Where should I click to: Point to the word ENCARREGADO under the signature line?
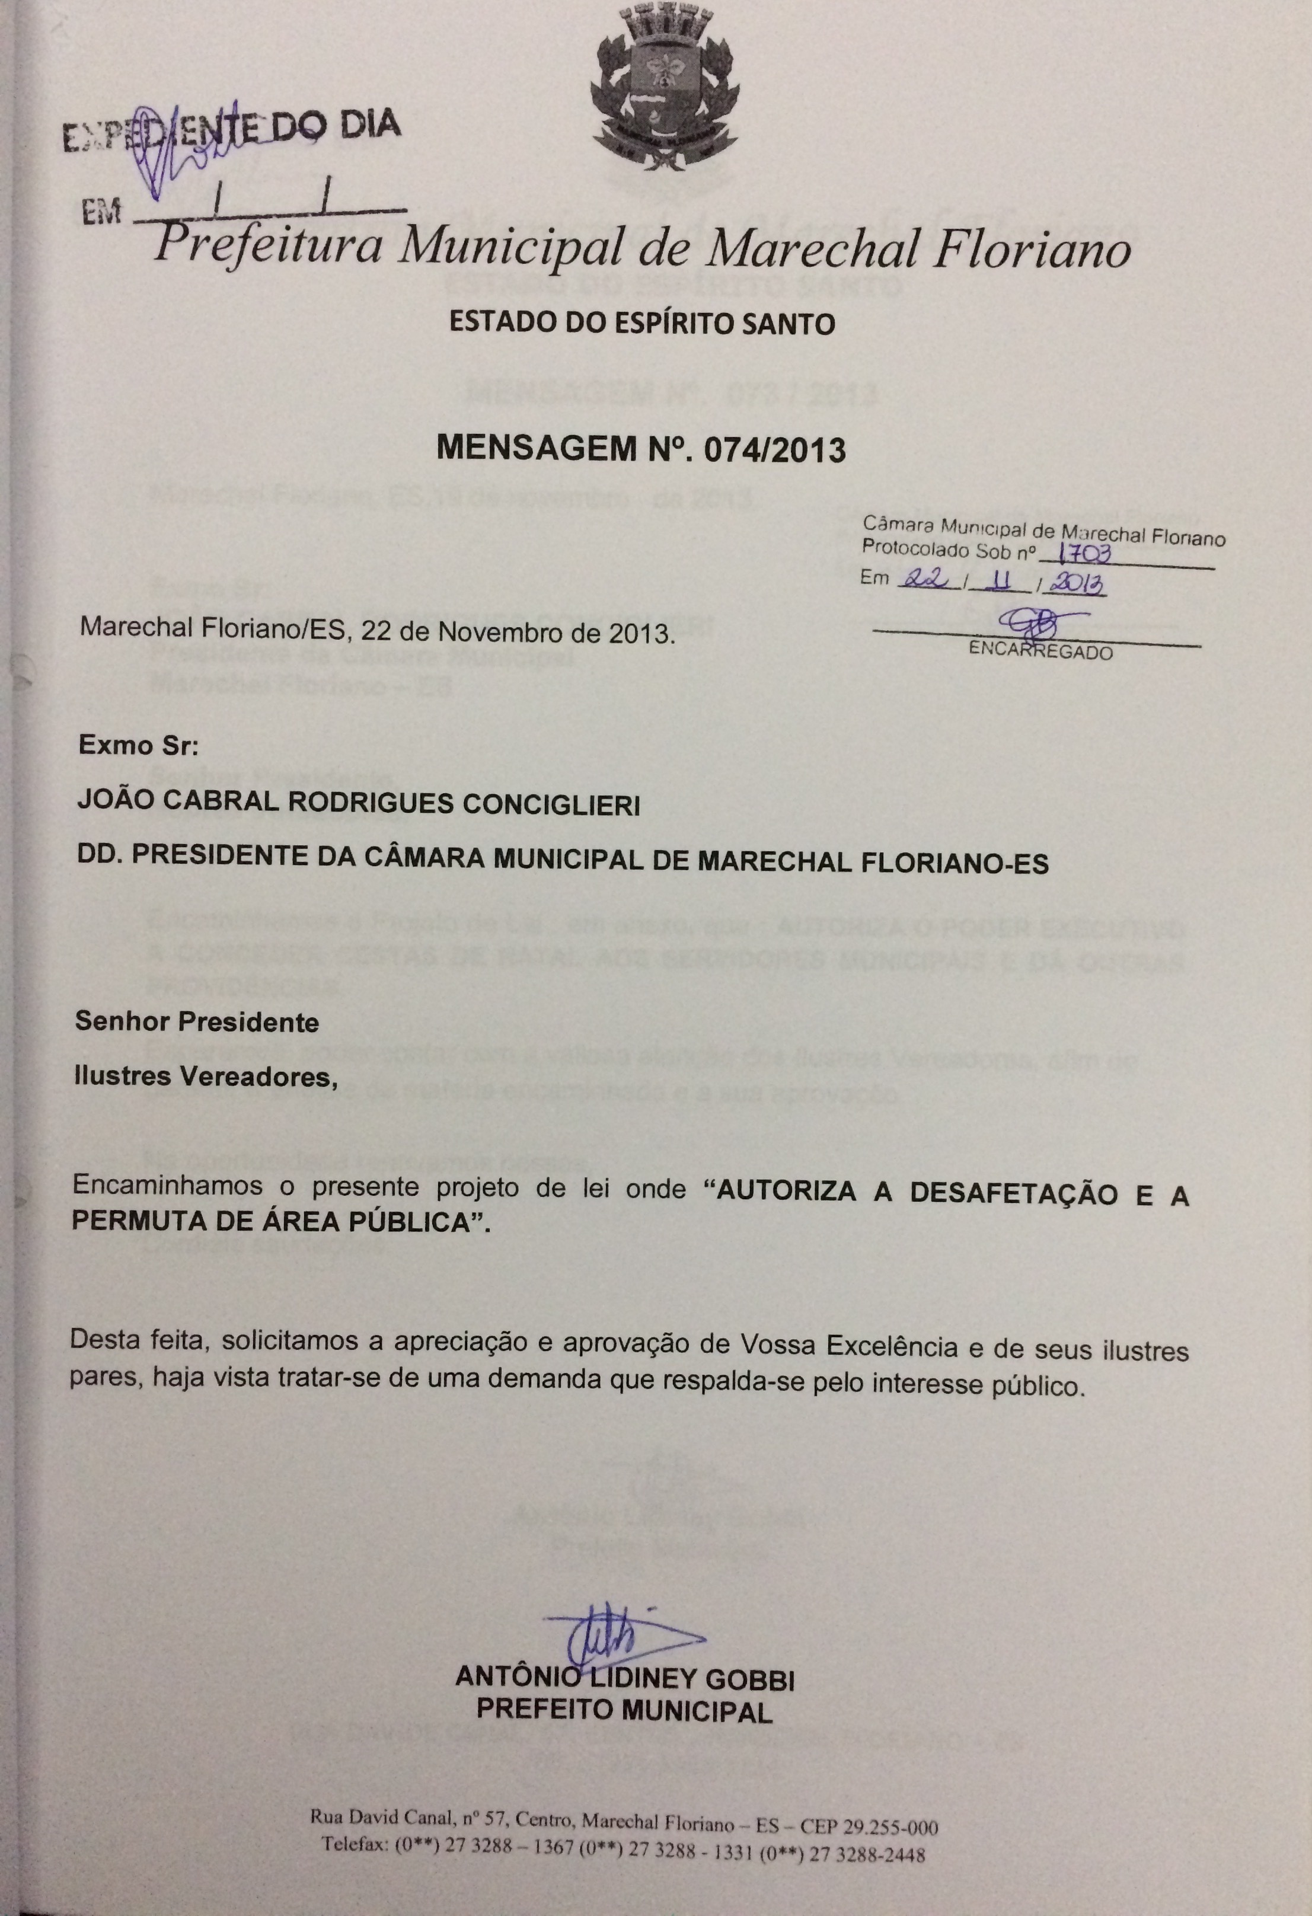(1040, 650)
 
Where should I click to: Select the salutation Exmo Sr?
(138, 746)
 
